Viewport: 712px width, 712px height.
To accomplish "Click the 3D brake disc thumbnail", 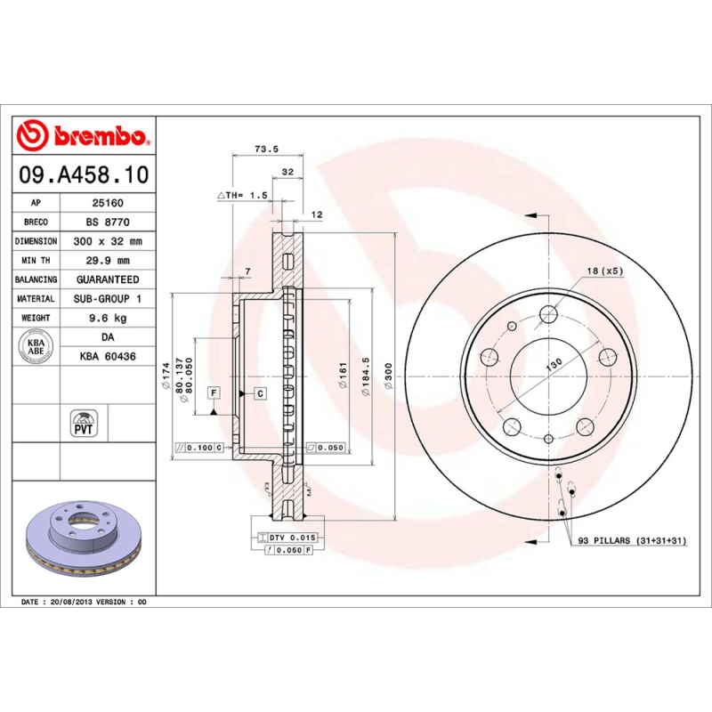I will click(x=85, y=538).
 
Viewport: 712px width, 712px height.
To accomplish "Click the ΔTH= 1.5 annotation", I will click(x=242, y=195).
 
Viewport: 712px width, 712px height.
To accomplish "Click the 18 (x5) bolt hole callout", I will click(x=603, y=271).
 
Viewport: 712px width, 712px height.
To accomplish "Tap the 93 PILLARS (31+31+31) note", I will click(x=632, y=540).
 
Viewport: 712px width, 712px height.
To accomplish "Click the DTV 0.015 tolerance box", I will click(x=290, y=538).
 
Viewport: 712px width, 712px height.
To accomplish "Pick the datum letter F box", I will click(x=214, y=392).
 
